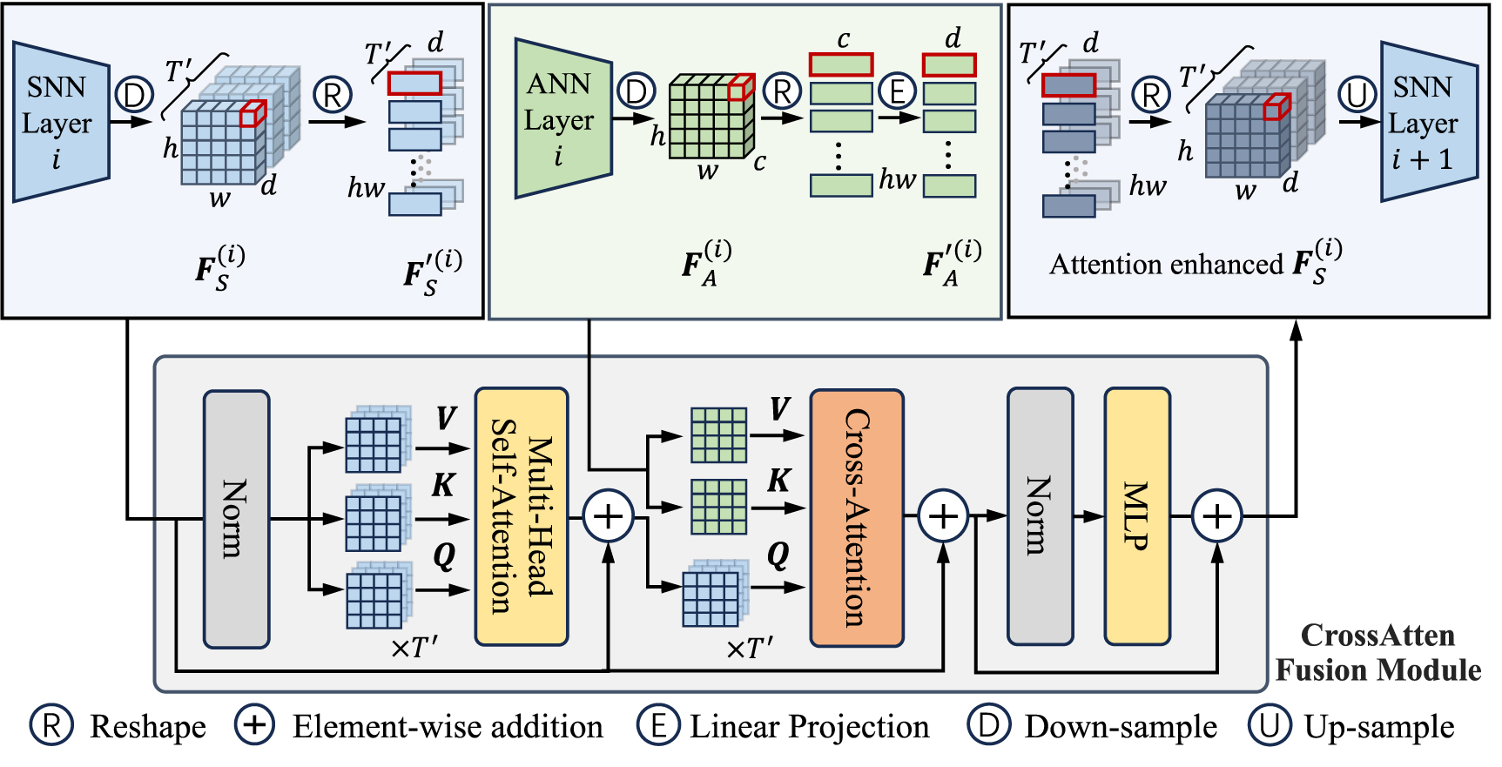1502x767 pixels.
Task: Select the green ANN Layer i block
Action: click(x=561, y=119)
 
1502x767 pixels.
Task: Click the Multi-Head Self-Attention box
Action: click(x=522, y=517)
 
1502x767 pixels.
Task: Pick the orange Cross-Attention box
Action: click(x=857, y=518)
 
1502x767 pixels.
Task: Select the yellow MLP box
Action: click(x=1136, y=516)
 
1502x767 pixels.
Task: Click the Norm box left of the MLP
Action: click(x=1040, y=516)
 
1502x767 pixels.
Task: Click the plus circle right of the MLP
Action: click(x=1216, y=517)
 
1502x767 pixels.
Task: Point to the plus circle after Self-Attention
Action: click(x=608, y=517)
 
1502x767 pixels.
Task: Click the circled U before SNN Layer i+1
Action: click(x=1357, y=94)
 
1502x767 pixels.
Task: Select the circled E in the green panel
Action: click(x=897, y=91)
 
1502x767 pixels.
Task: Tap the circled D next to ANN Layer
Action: click(x=636, y=91)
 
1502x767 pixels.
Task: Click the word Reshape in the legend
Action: click(x=148, y=726)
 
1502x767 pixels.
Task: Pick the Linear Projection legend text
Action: click(x=809, y=726)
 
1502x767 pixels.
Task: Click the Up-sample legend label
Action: click(x=1378, y=726)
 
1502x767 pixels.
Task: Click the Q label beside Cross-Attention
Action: click(x=778, y=554)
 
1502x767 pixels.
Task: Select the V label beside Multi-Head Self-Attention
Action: click(x=446, y=418)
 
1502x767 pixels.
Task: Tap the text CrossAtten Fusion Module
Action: click(x=1377, y=653)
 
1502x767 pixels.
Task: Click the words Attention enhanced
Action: click(x=1166, y=264)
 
